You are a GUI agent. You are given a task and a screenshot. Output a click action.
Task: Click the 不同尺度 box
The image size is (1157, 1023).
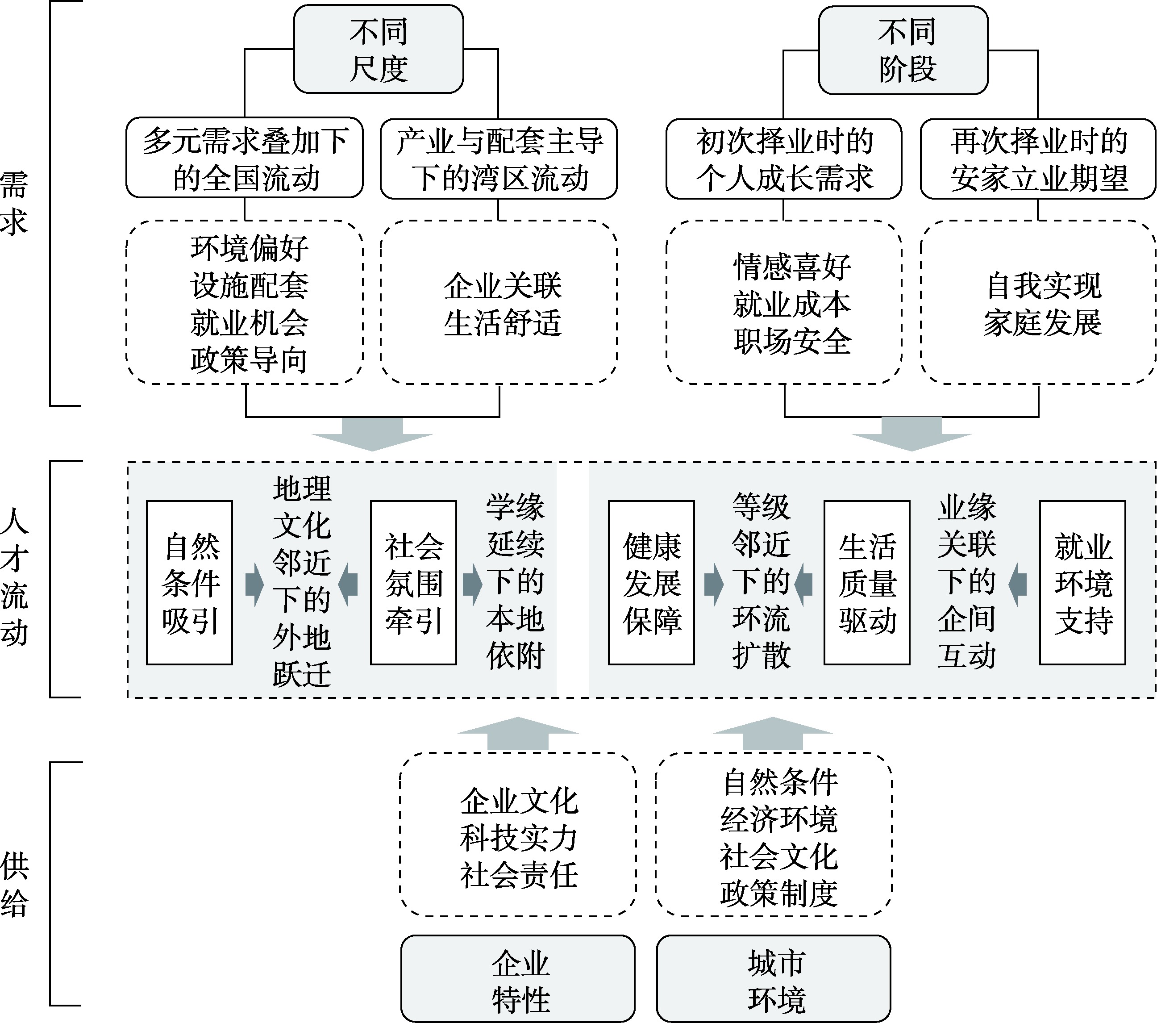coord(378,49)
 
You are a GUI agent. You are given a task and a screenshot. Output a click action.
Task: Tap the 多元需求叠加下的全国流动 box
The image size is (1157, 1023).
coord(245,159)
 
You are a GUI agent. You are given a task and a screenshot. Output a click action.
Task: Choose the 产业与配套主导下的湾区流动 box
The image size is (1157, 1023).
coord(499,159)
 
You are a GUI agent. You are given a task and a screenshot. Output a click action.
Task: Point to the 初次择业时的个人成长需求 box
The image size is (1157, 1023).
coord(783,159)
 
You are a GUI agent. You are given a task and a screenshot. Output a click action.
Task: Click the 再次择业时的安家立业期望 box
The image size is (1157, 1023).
coord(1038,159)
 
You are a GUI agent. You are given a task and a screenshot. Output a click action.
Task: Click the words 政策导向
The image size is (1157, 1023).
coord(249,359)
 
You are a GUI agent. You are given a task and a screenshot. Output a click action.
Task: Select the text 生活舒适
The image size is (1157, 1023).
coord(502,323)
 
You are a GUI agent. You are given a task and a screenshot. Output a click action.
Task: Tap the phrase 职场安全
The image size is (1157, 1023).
coord(792,342)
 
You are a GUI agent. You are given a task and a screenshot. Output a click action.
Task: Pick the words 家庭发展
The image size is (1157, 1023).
coord(1042,323)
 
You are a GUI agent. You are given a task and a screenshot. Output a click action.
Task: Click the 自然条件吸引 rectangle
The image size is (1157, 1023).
coord(190,583)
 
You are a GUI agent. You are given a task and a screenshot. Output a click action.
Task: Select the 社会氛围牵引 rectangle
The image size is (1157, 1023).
coord(414,583)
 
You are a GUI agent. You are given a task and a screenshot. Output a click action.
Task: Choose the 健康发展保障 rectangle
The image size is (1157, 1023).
coord(652,583)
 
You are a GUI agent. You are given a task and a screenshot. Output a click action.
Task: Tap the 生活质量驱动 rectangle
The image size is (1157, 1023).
coord(867,583)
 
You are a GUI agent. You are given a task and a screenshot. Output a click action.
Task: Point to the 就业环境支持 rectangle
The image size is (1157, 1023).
coord(1083,583)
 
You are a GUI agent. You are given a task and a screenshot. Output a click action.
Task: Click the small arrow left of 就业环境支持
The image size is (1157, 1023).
coord(1018,584)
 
